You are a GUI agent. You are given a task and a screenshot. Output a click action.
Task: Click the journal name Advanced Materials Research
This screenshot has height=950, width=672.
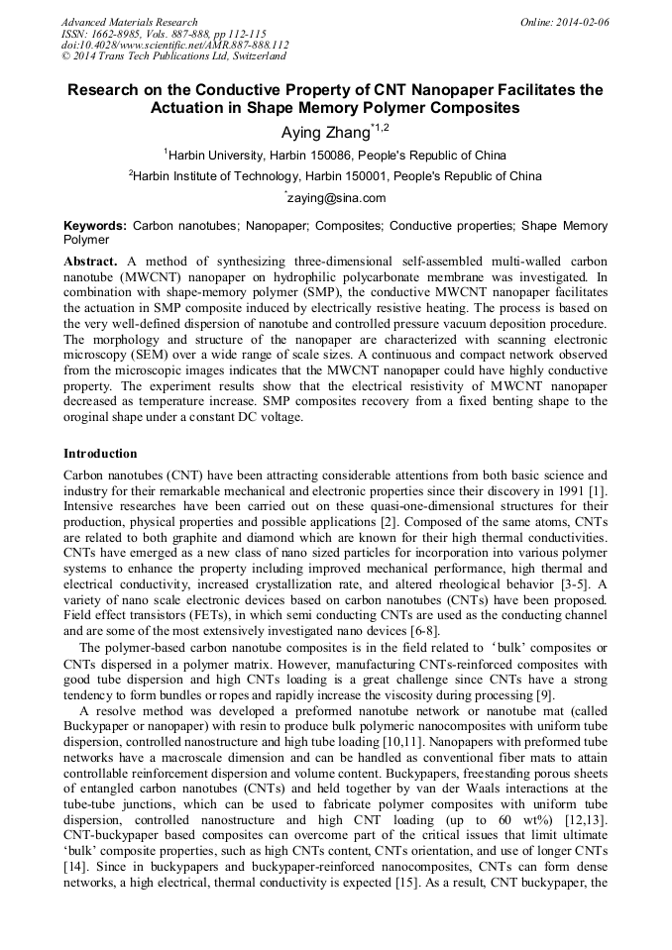129,22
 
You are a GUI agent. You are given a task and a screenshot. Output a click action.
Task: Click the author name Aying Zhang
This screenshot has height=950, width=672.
322,131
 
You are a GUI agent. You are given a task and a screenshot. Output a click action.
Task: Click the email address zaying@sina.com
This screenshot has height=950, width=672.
337,198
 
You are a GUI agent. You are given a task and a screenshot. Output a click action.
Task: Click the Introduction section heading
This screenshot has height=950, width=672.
100,454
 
